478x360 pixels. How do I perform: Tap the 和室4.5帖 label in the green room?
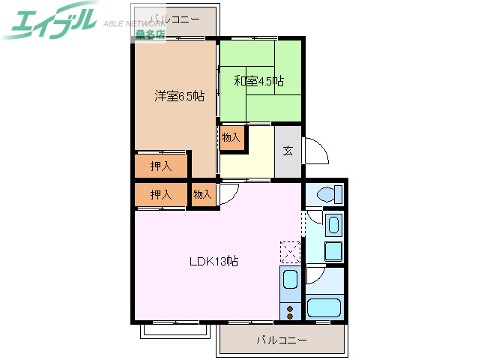pyautogui.click(x=258, y=81)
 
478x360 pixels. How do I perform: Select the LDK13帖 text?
pyautogui.click(x=214, y=262)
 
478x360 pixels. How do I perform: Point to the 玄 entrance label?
pyautogui.click(x=288, y=150)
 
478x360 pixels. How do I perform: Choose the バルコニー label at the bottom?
pyautogui.click(x=281, y=340)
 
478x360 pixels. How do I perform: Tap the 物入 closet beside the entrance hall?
pyautogui.click(x=232, y=137)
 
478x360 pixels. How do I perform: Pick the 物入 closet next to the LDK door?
pyautogui.click(x=202, y=194)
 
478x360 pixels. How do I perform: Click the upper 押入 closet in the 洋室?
pyautogui.click(x=161, y=166)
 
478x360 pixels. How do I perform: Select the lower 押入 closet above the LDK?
pyautogui.click(x=161, y=194)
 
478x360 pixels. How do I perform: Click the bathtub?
pyautogui.click(x=324, y=307)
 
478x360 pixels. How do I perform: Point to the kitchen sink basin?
pyautogui.click(x=289, y=281)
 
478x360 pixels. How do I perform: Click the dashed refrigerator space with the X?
pyautogui.click(x=289, y=251)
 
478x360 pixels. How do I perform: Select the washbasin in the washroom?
pyautogui.click(x=334, y=224)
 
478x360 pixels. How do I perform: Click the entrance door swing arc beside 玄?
pyautogui.click(x=317, y=151)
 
